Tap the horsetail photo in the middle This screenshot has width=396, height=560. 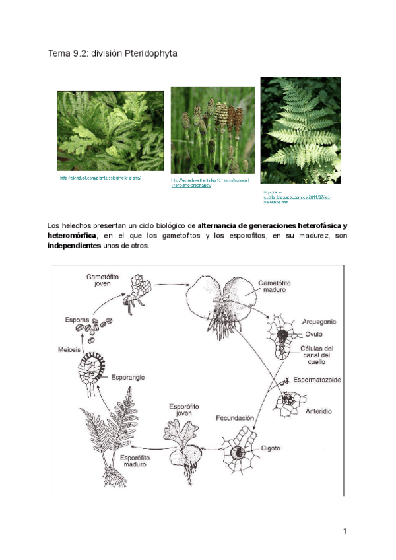[x=213, y=130]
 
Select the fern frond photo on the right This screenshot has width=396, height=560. [x=300, y=130]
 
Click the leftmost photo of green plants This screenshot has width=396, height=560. [x=110, y=131]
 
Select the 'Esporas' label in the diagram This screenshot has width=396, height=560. [x=76, y=320]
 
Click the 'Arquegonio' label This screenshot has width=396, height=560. [x=318, y=322]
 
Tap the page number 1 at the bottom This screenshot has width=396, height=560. [x=345, y=532]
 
